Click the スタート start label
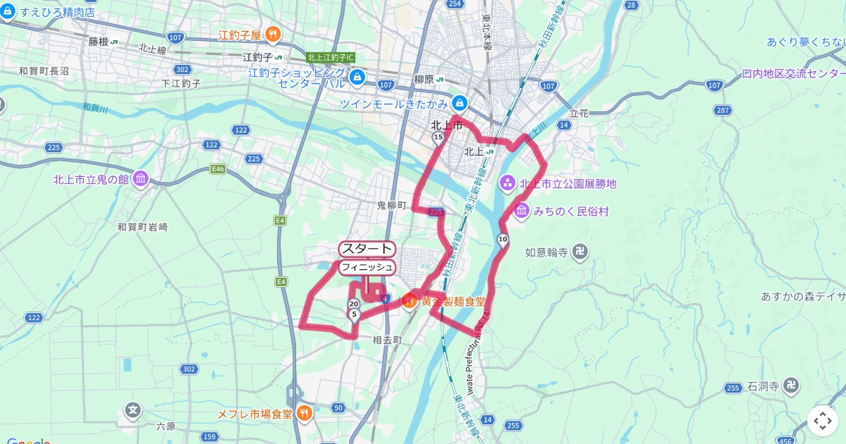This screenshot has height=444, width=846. click(x=367, y=249)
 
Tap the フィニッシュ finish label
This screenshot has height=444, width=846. click(x=367, y=267)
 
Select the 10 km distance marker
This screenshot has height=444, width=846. click(x=502, y=240)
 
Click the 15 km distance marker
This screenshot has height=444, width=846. click(x=438, y=137)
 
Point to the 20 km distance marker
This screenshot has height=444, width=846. click(x=353, y=304)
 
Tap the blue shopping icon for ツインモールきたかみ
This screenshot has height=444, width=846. click(x=460, y=103)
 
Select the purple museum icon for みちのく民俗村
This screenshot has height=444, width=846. click(x=522, y=211)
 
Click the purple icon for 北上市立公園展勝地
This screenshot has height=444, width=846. click(x=507, y=183)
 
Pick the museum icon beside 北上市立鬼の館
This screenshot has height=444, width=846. click(x=140, y=179)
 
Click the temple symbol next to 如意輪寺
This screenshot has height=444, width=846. click(x=580, y=252)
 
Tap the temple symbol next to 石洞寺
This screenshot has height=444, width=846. click(x=792, y=386)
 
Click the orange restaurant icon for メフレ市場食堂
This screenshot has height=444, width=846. click(x=305, y=413)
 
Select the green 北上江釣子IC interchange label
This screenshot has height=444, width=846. click(x=331, y=57)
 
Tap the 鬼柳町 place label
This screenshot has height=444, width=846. click(x=392, y=205)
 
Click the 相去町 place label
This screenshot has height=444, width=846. click(x=387, y=340)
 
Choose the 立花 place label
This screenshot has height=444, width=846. click(x=579, y=113)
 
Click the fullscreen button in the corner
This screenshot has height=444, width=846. click(x=823, y=421)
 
